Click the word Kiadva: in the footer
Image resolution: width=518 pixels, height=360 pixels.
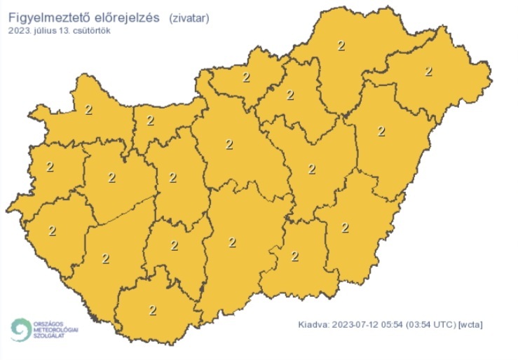point(313,325)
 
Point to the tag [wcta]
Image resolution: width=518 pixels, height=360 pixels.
point(470,325)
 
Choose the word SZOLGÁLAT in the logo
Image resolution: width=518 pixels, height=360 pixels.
point(48,335)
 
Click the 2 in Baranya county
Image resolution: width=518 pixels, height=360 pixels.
point(153,309)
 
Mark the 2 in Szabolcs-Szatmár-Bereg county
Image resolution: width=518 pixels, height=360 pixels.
point(429,71)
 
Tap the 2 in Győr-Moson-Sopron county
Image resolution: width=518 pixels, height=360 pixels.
point(88,109)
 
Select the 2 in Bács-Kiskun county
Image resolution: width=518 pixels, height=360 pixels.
point(233,242)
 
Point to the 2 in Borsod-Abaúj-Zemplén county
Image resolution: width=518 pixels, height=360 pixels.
point(341,46)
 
